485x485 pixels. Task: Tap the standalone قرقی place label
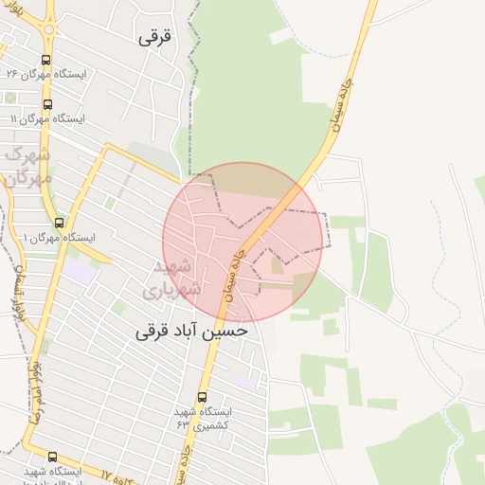pyautogui.click(x=156, y=37)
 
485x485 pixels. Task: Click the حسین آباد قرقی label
pyautogui.click(x=193, y=331)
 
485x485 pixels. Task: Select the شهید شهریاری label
pyautogui.click(x=173, y=277)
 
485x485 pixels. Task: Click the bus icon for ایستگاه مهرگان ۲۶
pyautogui.click(x=46, y=59)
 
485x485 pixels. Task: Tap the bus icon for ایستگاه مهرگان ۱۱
pyautogui.click(x=48, y=105)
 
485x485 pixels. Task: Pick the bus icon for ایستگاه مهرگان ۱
pyautogui.click(x=59, y=223)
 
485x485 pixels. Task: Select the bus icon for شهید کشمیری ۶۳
pyautogui.click(x=202, y=398)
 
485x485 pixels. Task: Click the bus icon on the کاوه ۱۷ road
pyautogui.click(x=51, y=458)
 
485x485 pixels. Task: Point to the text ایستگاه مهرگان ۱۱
pyautogui.click(x=47, y=119)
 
